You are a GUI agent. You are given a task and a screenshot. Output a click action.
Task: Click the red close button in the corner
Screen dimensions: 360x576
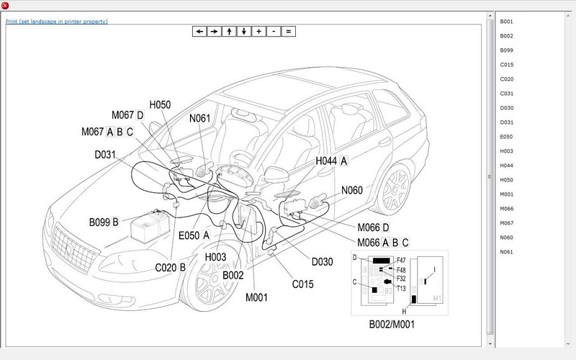coord(6,6)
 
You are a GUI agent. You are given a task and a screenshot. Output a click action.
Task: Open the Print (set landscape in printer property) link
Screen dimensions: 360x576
coord(56,22)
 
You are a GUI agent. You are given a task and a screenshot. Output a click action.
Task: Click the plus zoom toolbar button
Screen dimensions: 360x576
coord(258,32)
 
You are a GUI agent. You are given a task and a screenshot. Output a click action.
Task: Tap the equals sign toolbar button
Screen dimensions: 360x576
coord(288,32)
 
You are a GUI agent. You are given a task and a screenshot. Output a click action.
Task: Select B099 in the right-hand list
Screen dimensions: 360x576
coord(507,50)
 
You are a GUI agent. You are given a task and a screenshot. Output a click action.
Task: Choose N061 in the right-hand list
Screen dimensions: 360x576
coord(507,251)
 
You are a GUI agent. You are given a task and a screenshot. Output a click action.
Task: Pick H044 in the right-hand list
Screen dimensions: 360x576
coord(507,165)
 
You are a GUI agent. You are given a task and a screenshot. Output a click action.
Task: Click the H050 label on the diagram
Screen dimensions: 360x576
coord(160,104)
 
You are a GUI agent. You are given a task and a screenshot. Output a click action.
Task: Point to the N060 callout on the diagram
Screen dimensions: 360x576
coord(353,190)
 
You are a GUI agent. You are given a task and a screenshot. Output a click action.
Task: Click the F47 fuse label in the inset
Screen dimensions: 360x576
coord(401,257)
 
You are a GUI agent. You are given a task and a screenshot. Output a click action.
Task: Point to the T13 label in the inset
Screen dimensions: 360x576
coord(401,287)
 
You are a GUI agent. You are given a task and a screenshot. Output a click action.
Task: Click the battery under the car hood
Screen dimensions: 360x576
coord(150,226)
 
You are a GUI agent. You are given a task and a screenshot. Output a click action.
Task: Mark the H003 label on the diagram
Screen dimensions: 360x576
coord(215,256)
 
